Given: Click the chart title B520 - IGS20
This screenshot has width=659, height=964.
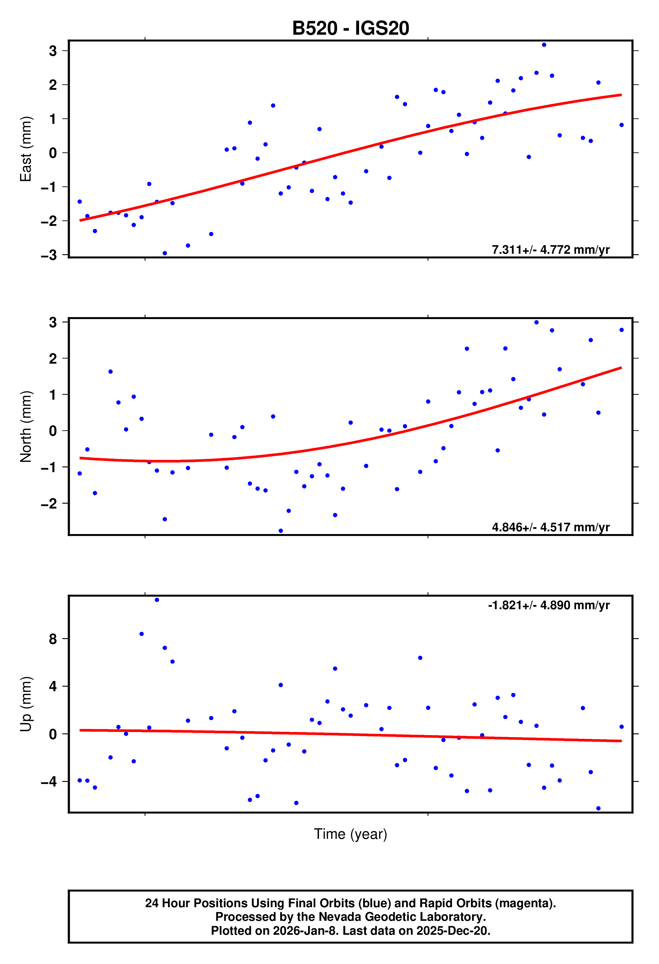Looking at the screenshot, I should point(351,28).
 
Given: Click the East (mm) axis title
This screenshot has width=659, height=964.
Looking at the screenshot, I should point(26,149).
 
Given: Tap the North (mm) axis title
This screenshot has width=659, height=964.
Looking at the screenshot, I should point(26,427).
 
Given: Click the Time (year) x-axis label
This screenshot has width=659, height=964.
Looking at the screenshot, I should point(351,834).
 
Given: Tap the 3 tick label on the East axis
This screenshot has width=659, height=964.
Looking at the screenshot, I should point(53,51).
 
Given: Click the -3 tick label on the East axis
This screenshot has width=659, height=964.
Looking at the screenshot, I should point(49,255).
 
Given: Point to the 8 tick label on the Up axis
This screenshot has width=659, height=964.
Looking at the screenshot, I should point(53,639).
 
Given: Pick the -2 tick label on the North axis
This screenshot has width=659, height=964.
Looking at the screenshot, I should point(49,503).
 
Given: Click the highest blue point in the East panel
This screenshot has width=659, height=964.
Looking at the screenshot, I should point(544,45).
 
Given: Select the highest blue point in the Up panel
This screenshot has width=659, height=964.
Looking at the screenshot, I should point(157,600).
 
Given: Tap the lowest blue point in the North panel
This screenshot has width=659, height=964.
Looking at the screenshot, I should point(281,531).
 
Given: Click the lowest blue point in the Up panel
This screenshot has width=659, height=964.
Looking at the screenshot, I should point(598,809).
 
